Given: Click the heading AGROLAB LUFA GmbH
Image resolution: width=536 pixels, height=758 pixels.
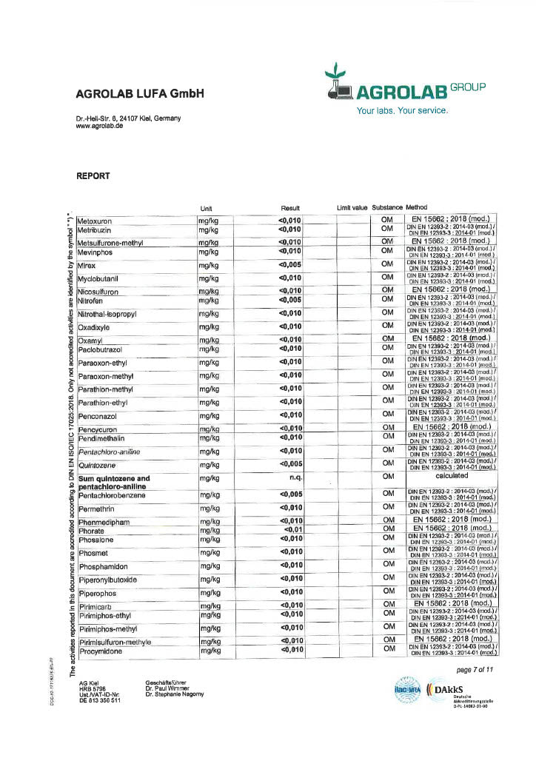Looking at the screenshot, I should (x=139, y=94).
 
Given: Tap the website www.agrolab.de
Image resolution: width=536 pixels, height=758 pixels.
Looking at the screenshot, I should (x=99, y=126).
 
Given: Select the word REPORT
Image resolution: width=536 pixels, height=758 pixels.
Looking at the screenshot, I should (x=93, y=176).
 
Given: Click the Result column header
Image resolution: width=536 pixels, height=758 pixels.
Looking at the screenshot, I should (x=289, y=208).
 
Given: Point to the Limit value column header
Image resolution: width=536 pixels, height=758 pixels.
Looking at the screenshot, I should (x=352, y=208).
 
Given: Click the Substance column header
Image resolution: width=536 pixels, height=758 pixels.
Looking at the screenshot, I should (x=387, y=208).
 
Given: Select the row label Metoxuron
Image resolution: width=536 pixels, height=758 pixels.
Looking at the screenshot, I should (x=98, y=221).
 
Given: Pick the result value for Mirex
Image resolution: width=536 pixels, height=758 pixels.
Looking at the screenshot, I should (x=290, y=264).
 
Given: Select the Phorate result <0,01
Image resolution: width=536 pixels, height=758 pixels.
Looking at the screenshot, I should (x=292, y=530).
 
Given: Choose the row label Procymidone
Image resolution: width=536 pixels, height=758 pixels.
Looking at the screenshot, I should (x=103, y=651).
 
